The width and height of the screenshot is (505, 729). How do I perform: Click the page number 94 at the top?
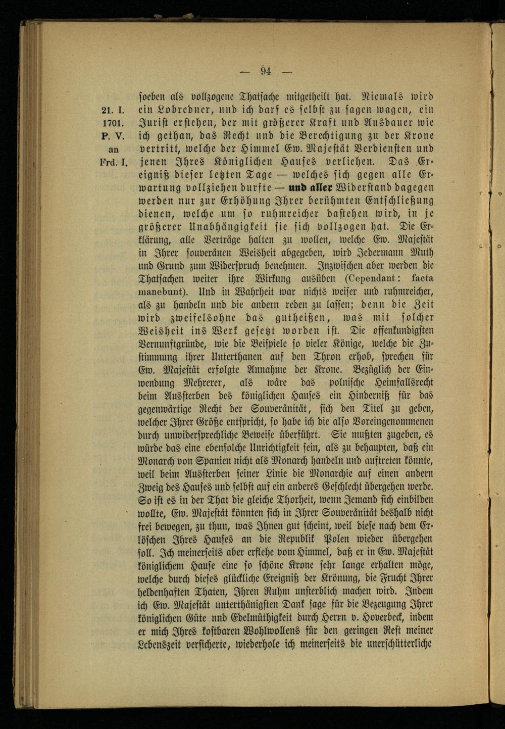[x=266, y=71]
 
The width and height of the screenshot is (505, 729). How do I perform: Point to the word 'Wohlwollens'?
[x=287, y=630]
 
